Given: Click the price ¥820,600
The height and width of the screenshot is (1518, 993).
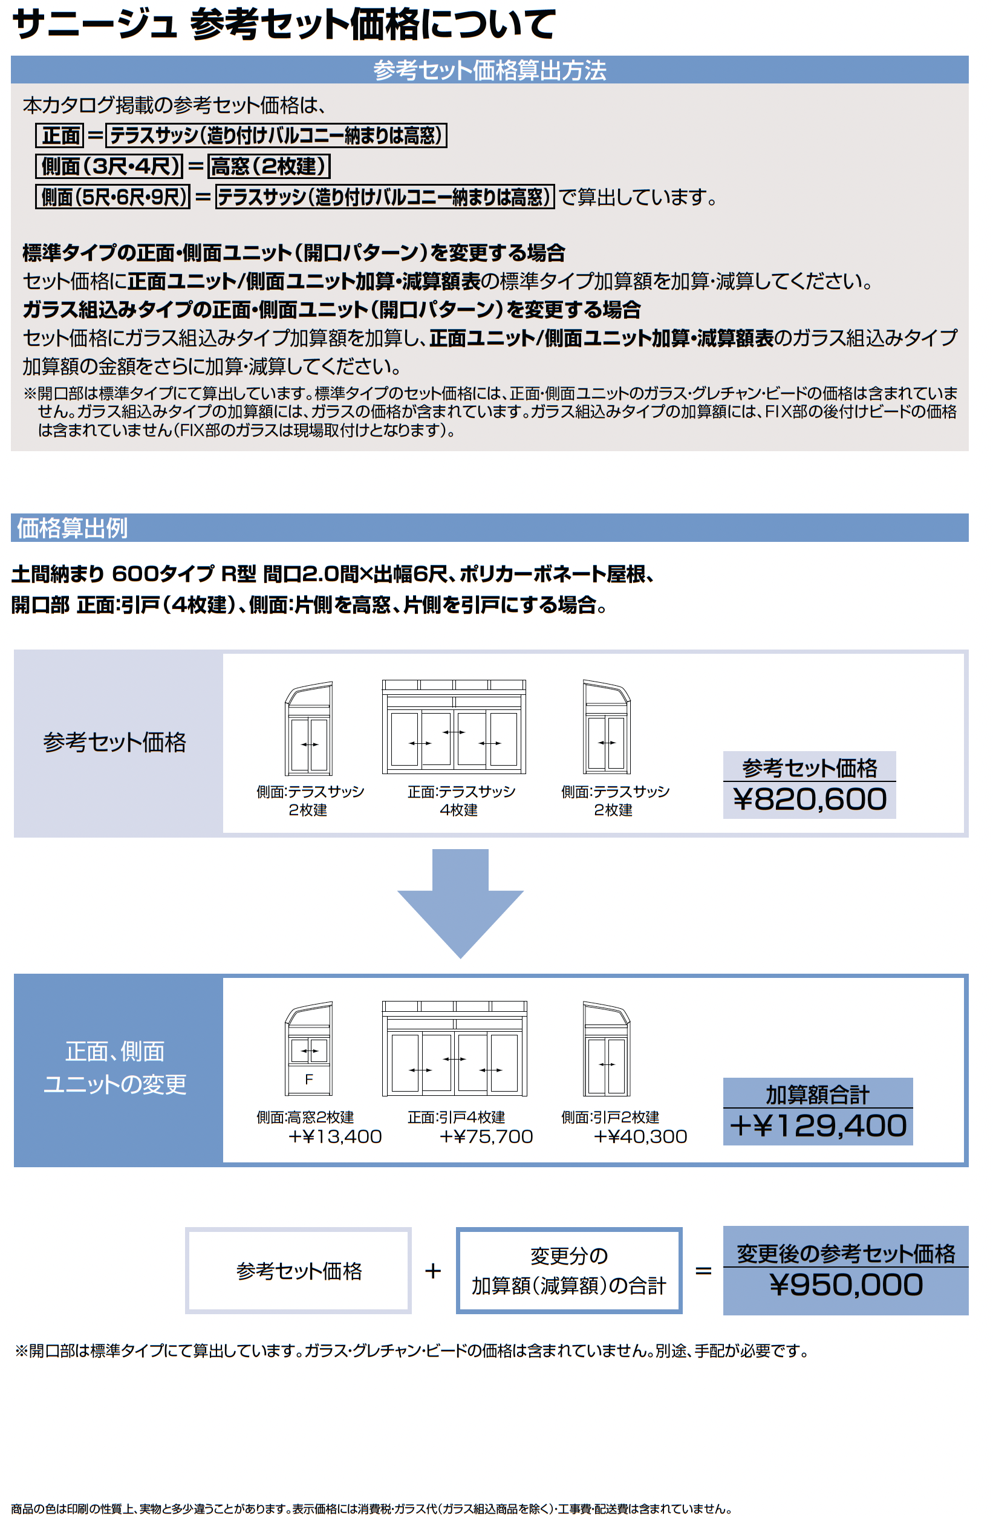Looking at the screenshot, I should pyautogui.click(x=809, y=799).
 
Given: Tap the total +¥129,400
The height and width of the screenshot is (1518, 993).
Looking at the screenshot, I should pyautogui.click(x=818, y=1125).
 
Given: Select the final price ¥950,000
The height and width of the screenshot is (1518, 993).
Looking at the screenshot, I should pyautogui.click(x=845, y=1285).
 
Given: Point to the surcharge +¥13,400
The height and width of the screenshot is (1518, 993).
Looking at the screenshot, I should pyautogui.click(x=335, y=1136).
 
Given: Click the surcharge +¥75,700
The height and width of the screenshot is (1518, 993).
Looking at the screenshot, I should pyautogui.click(x=486, y=1136).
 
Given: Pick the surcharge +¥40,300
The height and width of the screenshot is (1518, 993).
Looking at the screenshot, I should pyautogui.click(x=640, y=1136).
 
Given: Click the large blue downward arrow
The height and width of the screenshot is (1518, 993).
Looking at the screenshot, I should pyautogui.click(x=460, y=902).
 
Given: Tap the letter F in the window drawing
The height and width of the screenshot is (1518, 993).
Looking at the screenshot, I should pyautogui.click(x=308, y=1079).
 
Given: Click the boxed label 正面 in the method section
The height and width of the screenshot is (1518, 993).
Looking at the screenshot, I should pyautogui.click(x=60, y=135).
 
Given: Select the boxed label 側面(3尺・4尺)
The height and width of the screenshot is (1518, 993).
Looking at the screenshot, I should pyautogui.click(x=109, y=166).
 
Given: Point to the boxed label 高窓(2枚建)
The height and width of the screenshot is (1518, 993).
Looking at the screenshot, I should pyautogui.click(x=269, y=166).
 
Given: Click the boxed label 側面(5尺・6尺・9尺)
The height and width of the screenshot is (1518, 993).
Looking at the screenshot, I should pyautogui.click(x=113, y=197).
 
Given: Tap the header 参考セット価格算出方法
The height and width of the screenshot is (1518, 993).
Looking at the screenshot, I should pyautogui.click(x=489, y=70).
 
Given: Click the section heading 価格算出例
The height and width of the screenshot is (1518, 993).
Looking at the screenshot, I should pyautogui.click(x=72, y=528).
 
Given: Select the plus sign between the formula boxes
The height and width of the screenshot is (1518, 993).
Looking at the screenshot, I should pyautogui.click(x=433, y=1271).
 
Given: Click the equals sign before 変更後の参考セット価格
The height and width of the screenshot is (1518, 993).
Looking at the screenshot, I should pyautogui.click(x=703, y=1271).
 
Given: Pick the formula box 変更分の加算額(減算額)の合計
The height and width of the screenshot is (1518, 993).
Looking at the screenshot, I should pyautogui.click(x=568, y=1271).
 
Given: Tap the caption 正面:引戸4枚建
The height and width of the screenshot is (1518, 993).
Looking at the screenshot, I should pyautogui.click(x=456, y=1117).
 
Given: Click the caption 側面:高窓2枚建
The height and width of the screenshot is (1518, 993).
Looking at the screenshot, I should pyautogui.click(x=305, y=1117).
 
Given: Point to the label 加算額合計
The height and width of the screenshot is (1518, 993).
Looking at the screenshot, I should pyautogui.click(x=818, y=1095).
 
